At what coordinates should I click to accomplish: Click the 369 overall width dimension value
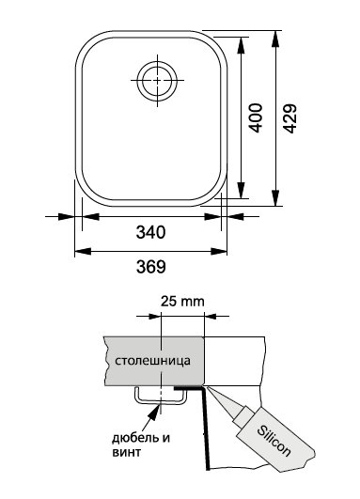150,266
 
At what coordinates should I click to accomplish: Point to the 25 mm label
181,302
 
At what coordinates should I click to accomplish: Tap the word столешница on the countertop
153,361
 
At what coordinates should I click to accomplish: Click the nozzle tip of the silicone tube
210,387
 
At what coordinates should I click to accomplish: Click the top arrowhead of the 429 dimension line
276,36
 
